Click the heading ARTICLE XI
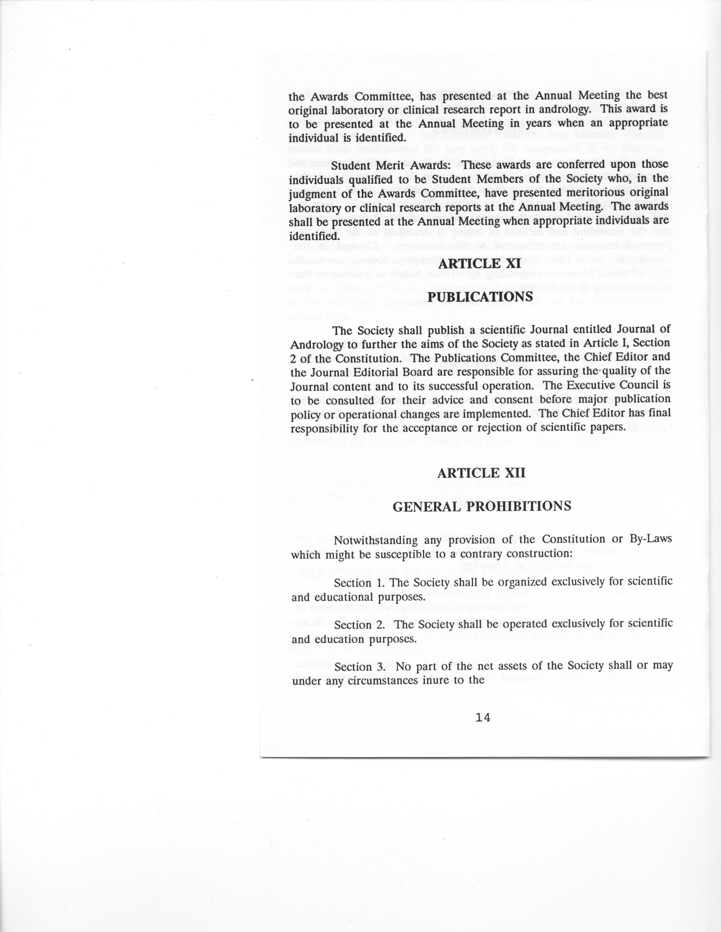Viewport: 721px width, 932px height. tap(480, 263)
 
